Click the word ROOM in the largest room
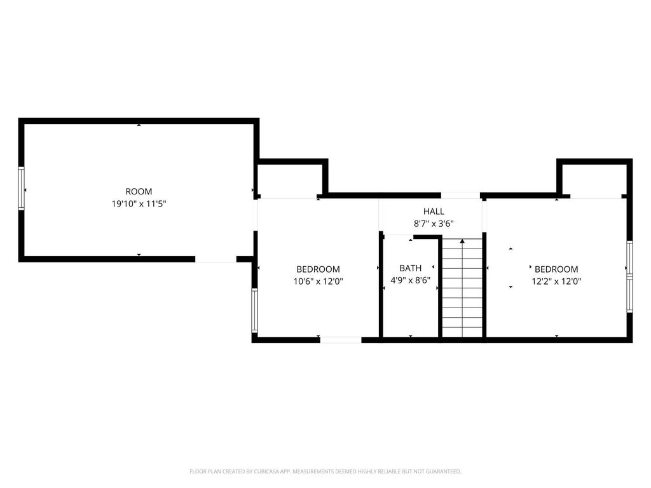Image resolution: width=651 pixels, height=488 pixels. coord(139,192)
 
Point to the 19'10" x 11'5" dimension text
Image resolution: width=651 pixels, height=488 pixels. coord(139,204)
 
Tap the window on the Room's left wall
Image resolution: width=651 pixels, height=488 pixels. coord(22,189)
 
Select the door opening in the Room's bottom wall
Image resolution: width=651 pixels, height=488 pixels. coord(216,259)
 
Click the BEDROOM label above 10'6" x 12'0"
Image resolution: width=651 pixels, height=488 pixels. coord(318,269)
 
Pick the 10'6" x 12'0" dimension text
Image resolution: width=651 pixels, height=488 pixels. coord(318,281)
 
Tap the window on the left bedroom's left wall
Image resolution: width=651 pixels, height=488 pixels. coord(254,310)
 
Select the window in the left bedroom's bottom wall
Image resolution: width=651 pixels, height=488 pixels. coord(341,340)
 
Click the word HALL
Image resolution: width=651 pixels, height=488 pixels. coord(434,212)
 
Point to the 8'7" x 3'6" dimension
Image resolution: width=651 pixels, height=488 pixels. coord(434,224)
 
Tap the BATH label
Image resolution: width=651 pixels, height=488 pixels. coord(410,269)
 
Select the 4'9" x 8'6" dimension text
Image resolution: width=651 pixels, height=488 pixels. coord(410,280)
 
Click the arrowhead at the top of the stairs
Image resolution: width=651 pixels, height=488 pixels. coord(462,241)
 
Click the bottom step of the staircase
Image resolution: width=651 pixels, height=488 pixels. coord(462,332)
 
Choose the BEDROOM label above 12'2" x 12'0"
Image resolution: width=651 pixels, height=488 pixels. coord(556,269)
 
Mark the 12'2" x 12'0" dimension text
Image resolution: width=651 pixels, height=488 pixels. coord(556,281)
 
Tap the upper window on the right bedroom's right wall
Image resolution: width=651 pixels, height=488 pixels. coord(629,257)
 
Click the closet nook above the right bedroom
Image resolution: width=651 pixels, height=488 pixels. coord(594,181)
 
